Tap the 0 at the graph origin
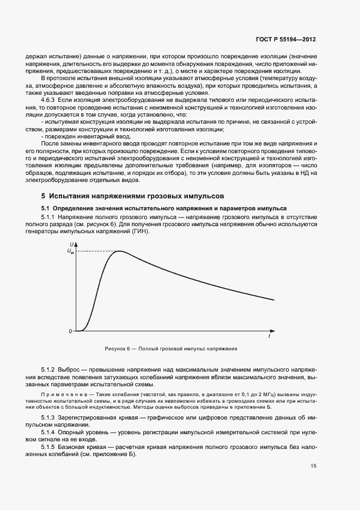tap(70, 331)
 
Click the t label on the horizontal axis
tap(270, 337)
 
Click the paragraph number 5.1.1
tap(50, 217)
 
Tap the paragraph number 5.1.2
tap(50, 369)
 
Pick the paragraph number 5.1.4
tap(50, 431)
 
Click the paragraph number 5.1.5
tap(50, 446)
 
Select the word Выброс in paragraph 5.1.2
tap(75, 369)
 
